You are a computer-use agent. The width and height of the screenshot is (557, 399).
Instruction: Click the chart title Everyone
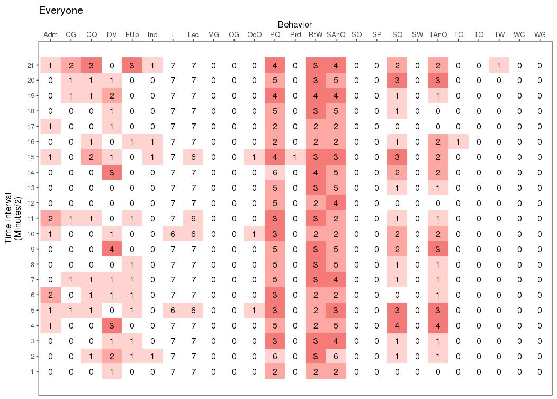click(61, 11)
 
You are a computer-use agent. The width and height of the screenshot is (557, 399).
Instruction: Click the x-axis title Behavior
click(294, 24)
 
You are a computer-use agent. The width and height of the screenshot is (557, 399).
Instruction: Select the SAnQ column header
click(336, 34)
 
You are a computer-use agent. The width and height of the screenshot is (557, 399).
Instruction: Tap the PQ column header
click(275, 34)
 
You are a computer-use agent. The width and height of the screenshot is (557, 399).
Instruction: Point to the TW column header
click(499, 34)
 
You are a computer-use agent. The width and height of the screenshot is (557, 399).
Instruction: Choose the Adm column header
click(50, 34)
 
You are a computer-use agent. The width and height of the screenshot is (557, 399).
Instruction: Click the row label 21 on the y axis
click(31, 65)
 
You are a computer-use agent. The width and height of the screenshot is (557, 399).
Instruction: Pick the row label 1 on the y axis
click(33, 371)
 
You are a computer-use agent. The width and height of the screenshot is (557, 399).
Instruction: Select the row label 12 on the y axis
click(31, 203)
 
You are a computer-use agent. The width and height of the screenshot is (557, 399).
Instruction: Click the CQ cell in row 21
click(92, 65)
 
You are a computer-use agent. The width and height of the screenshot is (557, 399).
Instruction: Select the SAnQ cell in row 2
click(336, 357)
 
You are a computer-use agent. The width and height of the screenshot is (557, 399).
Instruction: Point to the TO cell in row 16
click(459, 141)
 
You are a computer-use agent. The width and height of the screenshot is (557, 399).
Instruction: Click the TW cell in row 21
click(499, 65)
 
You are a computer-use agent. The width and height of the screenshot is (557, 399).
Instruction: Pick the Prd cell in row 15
click(295, 157)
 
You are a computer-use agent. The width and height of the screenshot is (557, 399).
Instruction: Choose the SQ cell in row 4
click(397, 326)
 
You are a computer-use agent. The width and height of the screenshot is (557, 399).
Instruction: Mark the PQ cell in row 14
click(275, 172)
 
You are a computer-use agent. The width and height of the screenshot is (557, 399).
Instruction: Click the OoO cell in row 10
click(254, 234)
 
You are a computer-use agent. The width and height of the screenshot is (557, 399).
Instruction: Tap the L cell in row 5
click(173, 311)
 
